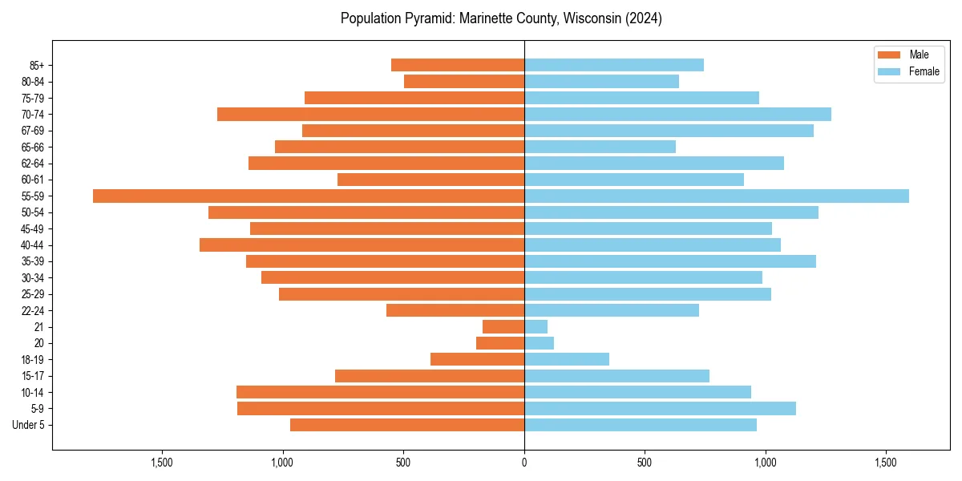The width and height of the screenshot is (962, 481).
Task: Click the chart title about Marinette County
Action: click(501, 18)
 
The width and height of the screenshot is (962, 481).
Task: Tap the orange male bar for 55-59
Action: click(309, 196)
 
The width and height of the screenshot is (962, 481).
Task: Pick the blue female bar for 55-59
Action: click(717, 196)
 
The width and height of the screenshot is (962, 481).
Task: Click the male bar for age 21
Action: click(503, 326)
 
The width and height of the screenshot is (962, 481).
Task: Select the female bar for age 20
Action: click(539, 343)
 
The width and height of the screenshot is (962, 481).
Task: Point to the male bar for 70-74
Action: click(370, 114)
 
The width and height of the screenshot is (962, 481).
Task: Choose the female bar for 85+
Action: click(614, 65)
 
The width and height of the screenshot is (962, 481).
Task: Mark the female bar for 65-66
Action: click(600, 147)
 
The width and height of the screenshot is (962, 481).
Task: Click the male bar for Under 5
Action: click(407, 424)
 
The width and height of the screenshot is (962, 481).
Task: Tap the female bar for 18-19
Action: click(567, 359)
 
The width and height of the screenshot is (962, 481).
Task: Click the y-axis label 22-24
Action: click(33, 310)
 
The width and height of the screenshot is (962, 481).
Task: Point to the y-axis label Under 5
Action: click(29, 425)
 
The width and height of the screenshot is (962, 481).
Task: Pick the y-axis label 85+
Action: click(36, 65)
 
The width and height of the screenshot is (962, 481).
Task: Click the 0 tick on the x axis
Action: click(524, 463)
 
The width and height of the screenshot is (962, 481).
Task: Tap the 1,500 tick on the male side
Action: click(163, 463)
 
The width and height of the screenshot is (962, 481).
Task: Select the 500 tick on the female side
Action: click(645, 463)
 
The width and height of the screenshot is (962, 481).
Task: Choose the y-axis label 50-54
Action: click(33, 212)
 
